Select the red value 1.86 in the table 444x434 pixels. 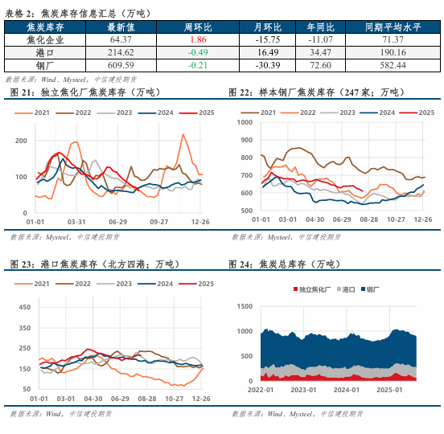199,39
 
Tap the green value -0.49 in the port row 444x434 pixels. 199,52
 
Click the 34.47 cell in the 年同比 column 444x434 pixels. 319,52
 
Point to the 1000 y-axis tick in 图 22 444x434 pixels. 246,123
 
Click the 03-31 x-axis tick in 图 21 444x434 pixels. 77,220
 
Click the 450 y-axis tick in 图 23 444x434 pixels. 23,306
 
